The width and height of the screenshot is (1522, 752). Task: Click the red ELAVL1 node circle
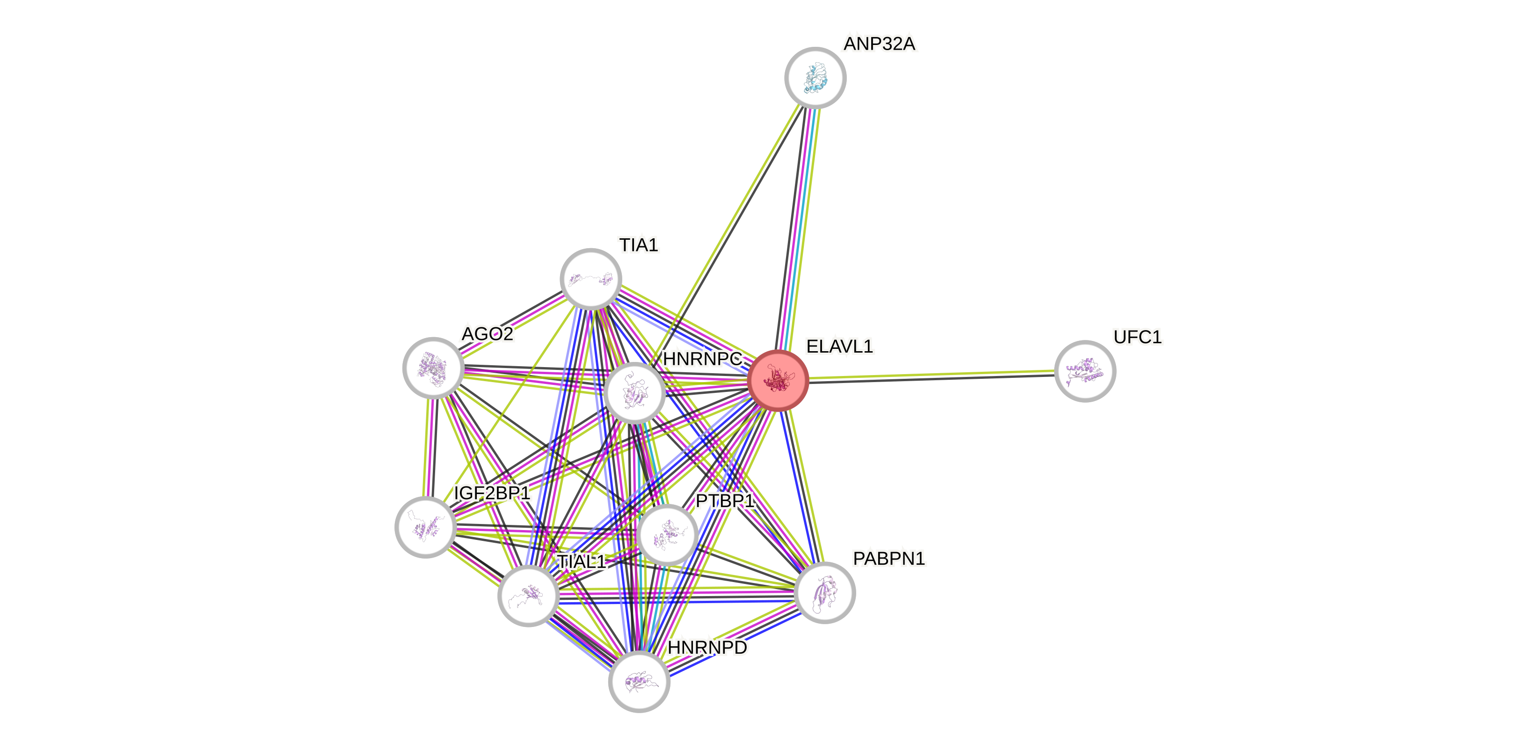pos(778,380)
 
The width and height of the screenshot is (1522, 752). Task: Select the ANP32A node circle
pos(816,77)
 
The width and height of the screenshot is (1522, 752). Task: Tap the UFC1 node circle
pos(1085,371)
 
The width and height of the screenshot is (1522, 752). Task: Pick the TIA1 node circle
pos(591,279)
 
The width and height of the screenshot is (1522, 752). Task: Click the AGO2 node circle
pos(433,368)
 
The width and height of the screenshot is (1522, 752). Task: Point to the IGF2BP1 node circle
pos(425,527)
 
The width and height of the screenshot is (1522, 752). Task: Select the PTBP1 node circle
pos(668,534)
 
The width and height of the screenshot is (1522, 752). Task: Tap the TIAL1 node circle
pos(528,595)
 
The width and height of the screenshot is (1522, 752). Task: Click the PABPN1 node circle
pos(825,592)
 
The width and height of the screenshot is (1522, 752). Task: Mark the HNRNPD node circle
pos(639,682)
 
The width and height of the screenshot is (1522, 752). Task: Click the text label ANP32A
pos(879,44)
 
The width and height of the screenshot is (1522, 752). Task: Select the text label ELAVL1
pos(839,347)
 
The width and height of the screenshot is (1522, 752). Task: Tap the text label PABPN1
pos(888,559)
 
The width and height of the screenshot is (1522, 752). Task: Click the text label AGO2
pos(488,334)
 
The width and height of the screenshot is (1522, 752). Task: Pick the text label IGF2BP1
pos(492,493)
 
